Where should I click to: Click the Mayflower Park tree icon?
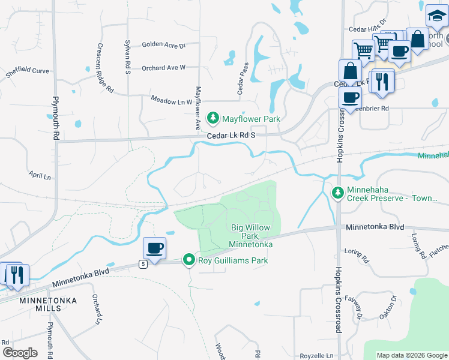pos(212,119)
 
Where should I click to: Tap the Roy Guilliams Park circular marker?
pos(189,260)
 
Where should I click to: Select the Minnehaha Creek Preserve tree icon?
pos(337,193)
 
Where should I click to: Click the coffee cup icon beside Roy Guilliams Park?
pos(154,248)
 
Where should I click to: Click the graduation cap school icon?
pos(436,16)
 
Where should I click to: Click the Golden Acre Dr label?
pos(163,45)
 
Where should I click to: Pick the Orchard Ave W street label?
pos(163,68)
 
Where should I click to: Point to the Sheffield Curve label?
pos(27,71)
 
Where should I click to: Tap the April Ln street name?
pos(40,176)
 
